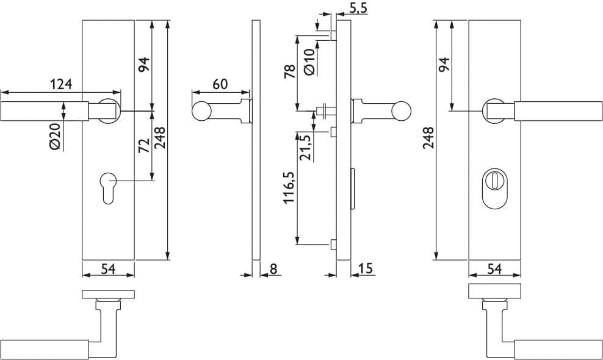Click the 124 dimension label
tap(61, 84)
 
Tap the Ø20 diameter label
tap(54, 137)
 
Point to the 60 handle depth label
tap(220, 84)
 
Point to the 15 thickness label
tap(366, 268)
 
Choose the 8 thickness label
tap(273, 268)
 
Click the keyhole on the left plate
tap(108, 187)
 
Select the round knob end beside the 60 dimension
tap(201, 111)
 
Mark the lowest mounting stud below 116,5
tap(333, 244)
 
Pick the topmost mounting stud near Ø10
tap(333, 36)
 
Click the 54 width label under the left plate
tap(108, 268)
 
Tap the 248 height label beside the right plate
tap(428, 138)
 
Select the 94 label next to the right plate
tap(444, 64)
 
